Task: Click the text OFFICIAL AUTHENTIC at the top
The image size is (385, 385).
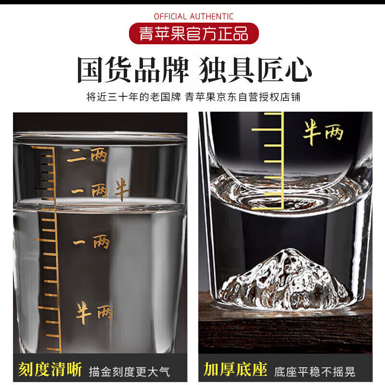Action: pyautogui.click(x=193, y=17)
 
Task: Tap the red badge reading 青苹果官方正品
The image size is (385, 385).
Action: pyautogui.click(x=193, y=34)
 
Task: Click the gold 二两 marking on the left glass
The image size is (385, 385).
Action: pyautogui.click(x=87, y=155)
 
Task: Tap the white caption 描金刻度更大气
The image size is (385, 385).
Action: pyautogui.click(x=129, y=371)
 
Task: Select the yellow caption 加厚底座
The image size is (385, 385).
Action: pyautogui.click(x=235, y=370)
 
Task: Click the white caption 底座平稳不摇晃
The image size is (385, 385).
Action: pyautogui.click(x=315, y=371)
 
